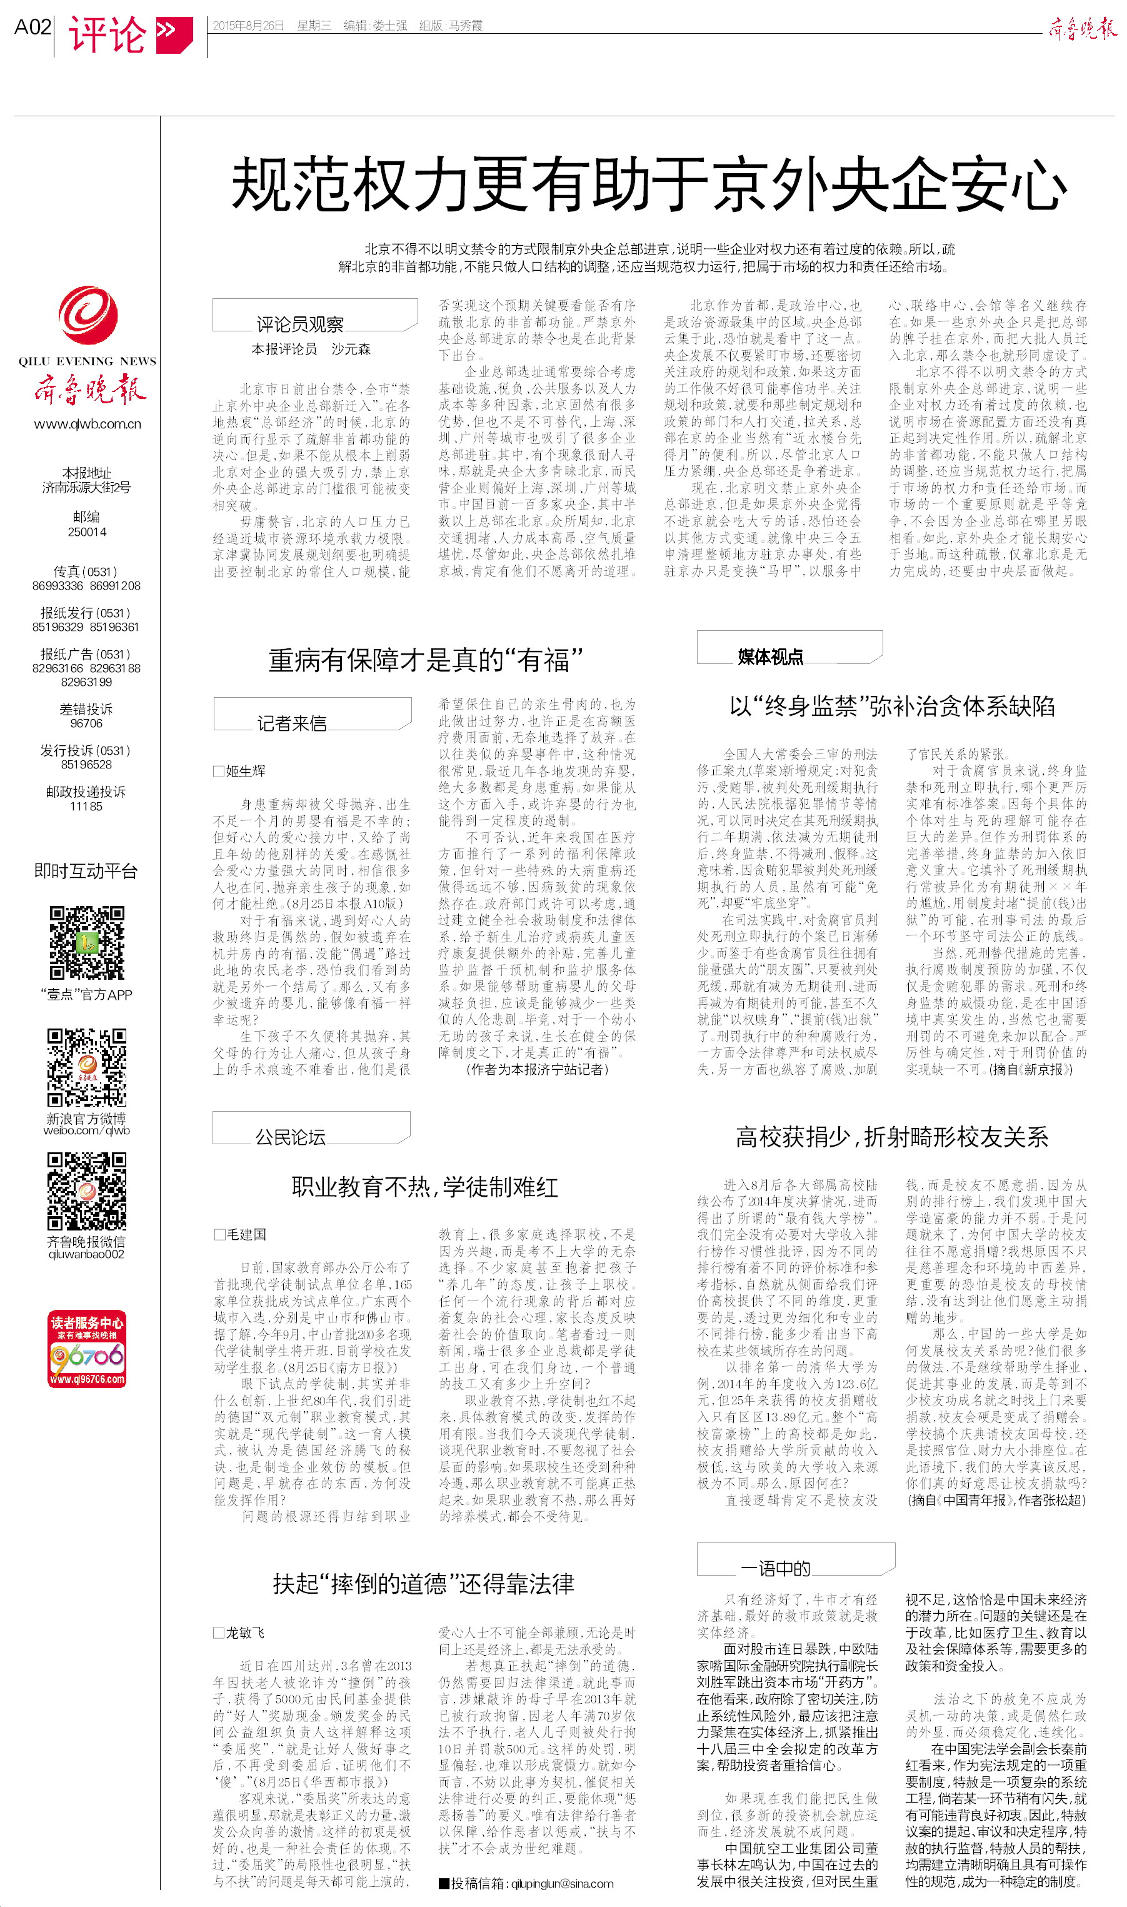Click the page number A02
[33, 28]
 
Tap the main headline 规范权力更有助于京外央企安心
[649, 184]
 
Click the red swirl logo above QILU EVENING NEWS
[88, 314]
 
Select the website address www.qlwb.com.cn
[88, 424]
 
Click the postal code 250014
[88, 531]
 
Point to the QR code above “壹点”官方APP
[88, 942]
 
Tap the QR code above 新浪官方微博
[88, 1067]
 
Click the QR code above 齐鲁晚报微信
[88, 1190]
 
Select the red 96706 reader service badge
[88, 1349]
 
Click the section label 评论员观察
[300, 325]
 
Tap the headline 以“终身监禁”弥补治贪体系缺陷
[893, 707]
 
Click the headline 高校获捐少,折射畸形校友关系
[893, 1136]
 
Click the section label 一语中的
[775, 1568]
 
